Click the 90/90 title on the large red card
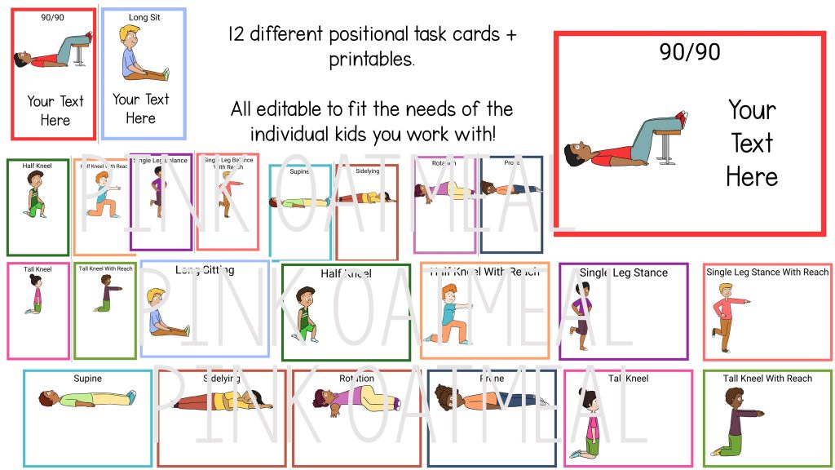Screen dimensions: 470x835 point(689,52)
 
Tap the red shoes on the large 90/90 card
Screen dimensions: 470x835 point(681,120)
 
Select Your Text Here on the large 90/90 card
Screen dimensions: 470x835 point(751,143)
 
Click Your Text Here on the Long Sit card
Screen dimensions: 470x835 point(140,109)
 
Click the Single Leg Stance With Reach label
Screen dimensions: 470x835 point(767,272)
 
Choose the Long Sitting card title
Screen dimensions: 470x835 point(205,270)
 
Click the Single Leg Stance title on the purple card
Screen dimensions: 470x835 point(625,273)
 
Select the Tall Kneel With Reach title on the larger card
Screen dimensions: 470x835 point(767,379)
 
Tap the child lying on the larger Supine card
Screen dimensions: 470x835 point(86,398)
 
